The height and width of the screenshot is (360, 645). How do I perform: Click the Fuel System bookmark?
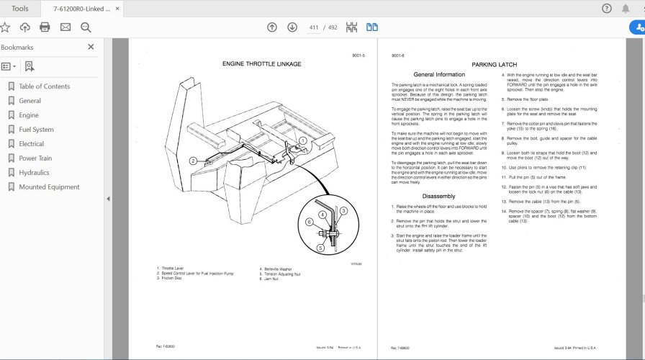pyautogui.click(x=36, y=130)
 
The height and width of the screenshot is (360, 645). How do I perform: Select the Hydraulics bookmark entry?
pyautogui.click(x=34, y=173)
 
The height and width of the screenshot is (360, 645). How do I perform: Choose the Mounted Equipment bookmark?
pyautogui.click(x=49, y=187)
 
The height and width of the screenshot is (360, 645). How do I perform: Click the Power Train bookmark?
pyautogui.click(x=35, y=158)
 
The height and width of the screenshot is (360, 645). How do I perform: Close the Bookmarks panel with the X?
pyautogui.click(x=91, y=47)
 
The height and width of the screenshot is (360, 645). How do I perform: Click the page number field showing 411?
pyautogui.click(x=314, y=27)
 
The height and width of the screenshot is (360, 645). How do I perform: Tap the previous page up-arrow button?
pyautogui.click(x=271, y=27)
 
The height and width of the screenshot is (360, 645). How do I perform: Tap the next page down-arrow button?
pyautogui.click(x=292, y=27)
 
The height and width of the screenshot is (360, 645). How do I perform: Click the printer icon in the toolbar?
pyautogui.click(x=45, y=27)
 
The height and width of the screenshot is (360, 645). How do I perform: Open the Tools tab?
pyautogui.click(x=20, y=9)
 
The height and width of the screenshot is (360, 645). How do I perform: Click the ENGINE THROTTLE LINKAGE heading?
pyautogui.click(x=261, y=64)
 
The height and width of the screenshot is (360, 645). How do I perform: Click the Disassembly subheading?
pyautogui.click(x=438, y=196)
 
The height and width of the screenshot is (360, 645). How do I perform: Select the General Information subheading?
pyautogui.click(x=439, y=75)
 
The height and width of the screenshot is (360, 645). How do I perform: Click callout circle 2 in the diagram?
pyautogui.click(x=194, y=161)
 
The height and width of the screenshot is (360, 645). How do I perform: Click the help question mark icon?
pyautogui.click(x=606, y=9)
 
